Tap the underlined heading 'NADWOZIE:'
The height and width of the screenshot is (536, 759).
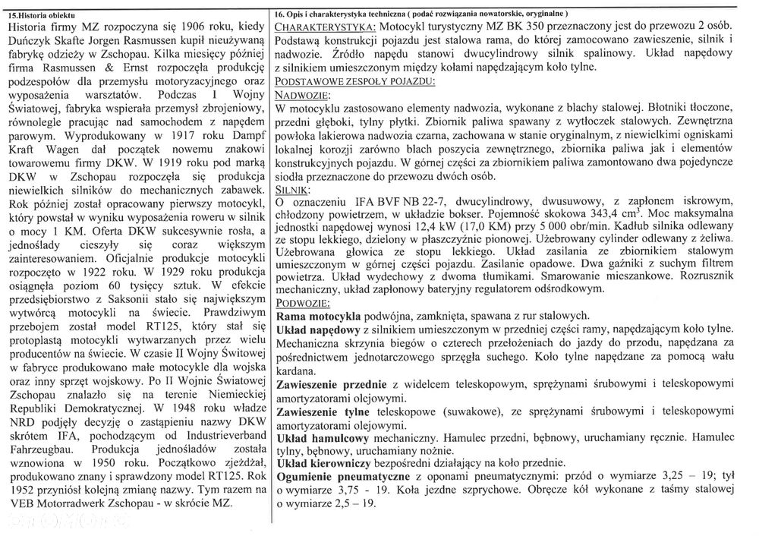tap(301, 94)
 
